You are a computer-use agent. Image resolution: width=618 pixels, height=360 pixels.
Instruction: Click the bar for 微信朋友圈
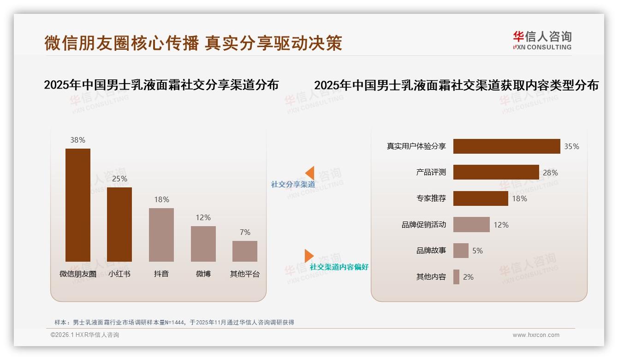tap(77, 205)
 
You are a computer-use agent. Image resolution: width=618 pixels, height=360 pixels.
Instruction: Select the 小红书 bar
tap(119, 224)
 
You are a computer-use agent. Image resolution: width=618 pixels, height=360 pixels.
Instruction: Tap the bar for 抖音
tap(161, 234)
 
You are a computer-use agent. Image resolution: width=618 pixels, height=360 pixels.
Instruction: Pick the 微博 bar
tap(203, 244)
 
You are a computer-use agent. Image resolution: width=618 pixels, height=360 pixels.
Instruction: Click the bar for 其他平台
tap(245, 251)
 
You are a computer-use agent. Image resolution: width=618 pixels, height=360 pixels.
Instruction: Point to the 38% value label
tap(77, 140)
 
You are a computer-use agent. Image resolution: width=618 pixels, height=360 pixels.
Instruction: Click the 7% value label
tap(245, 232)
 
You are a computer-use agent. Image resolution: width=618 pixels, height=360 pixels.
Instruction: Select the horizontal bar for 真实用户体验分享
tap(506, 146)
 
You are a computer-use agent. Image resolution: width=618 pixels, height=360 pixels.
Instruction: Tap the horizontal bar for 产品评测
tap(496, 172)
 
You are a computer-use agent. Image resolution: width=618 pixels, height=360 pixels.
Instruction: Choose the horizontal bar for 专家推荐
tap(481, 198)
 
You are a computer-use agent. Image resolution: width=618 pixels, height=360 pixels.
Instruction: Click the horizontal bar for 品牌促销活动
tap(471, 225)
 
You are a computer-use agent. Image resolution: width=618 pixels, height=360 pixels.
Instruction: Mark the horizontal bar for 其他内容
tap(456, 277)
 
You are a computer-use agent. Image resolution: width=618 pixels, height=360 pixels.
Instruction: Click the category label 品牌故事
tap(431, 251)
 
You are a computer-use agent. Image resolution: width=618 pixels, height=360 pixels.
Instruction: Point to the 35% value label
tap(571, 146)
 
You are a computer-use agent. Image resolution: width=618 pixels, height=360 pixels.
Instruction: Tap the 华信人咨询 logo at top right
tap(542, 40)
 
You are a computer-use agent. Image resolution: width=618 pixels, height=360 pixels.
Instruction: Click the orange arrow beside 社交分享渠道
tap(309, 173)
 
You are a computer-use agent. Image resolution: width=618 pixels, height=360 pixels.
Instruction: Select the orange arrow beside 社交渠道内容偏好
tap(309, 256)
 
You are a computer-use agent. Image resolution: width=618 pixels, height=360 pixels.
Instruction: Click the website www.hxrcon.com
tap(536, 335)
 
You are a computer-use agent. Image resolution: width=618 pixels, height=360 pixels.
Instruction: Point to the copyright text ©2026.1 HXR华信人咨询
tap(85, 335)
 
